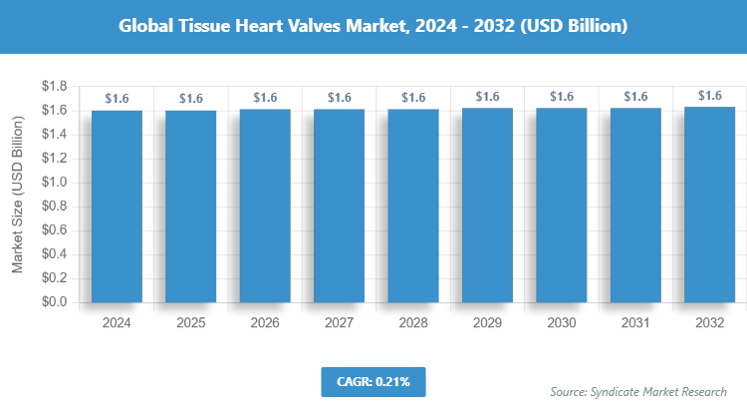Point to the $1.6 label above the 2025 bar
click(x=190, y=98)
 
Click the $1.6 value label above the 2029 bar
click(x=487, y=97)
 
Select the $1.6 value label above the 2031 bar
click(x=635, y=97)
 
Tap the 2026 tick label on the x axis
click(x=265, y=323)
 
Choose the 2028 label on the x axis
click(x=413, y=323)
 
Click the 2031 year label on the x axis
click(x=635, y=323)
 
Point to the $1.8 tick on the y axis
click(x=54, y=87)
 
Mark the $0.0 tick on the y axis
click(x=54, y=302)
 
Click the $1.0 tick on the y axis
click(x=54, y=183)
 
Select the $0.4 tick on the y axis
click(x=54, y=254)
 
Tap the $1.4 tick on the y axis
click(x=54, y=135)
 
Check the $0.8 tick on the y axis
click(x=54, y=207)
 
